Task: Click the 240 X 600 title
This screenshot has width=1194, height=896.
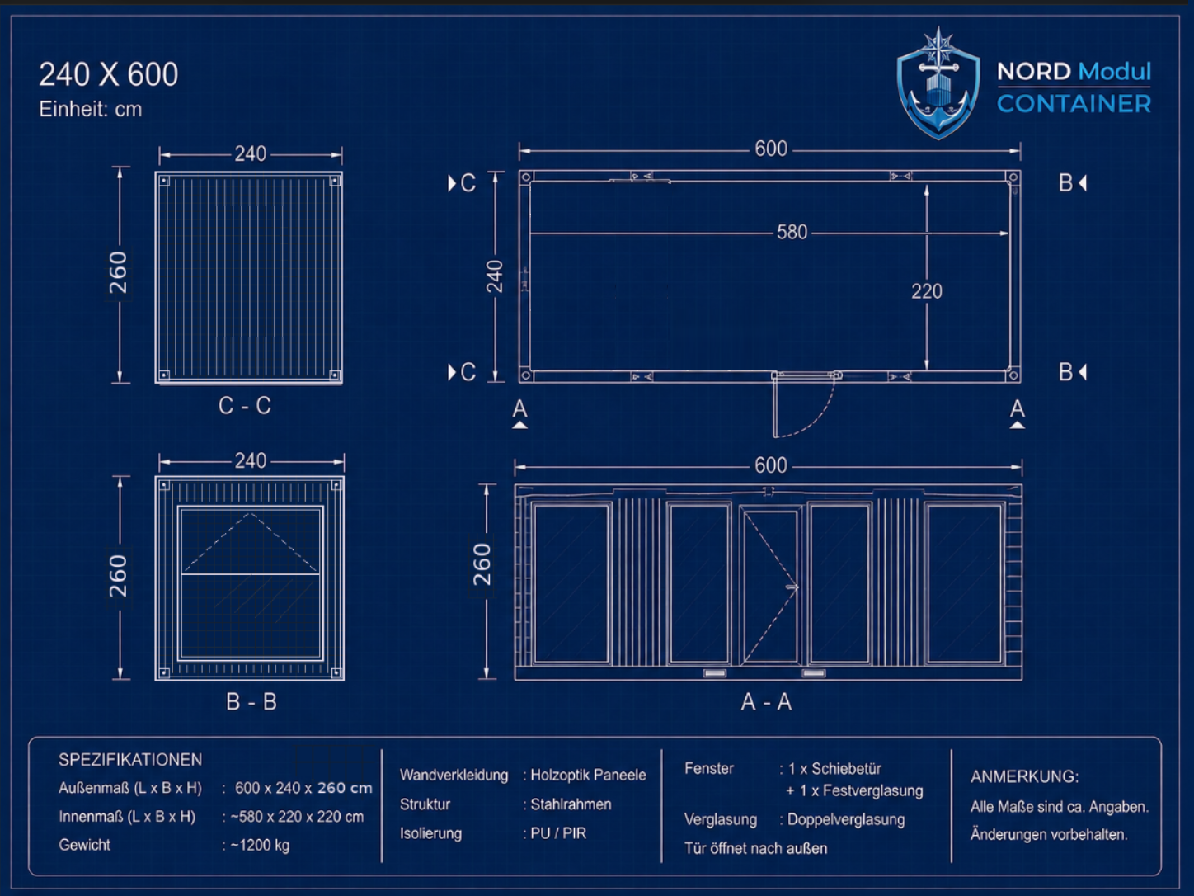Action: click(108, 74)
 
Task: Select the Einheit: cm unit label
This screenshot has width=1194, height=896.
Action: click(91, 110)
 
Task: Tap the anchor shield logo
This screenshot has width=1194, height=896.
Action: click(938, 83)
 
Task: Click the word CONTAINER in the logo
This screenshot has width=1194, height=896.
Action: click(1074, 104)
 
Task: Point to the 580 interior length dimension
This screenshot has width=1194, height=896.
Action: click(792, 233)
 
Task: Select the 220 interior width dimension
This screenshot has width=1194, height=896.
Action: click(926, 291)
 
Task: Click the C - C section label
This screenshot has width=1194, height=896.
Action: click(245, 406)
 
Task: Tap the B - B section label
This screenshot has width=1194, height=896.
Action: click(251, 702)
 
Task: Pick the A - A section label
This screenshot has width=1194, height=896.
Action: click(766, 702)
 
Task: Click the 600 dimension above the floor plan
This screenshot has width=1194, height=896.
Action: click(771, 149)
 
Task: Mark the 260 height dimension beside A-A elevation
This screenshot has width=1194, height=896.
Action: click(482, 564)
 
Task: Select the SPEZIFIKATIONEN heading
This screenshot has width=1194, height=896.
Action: click(130, 759)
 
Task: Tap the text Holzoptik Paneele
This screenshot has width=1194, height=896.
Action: click(588, 775)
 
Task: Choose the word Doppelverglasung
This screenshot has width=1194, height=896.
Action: click(846, 819)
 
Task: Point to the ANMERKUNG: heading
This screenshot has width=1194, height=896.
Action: click(1025, 776)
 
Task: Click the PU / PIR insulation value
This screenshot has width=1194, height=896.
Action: click(558, 833)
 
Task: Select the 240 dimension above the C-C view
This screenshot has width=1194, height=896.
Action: click(250, 154)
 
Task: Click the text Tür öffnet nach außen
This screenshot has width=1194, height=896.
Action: click(755, 848)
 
